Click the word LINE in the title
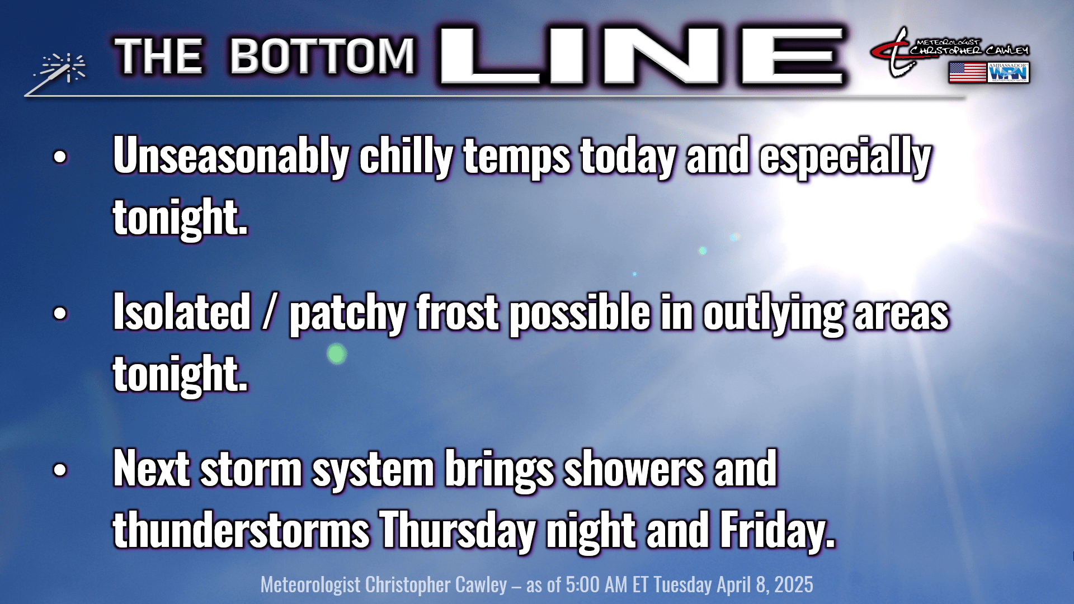click(x=642, y=56)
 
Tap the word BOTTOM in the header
click(x=322, y=56)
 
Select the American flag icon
click(x=967, y=73)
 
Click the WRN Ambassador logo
click(x=1009, y=73)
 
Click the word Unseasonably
click(x=231, y=157)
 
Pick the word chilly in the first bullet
click(x=406, y=157)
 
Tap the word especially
click(x=845, y=157)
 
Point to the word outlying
click(x=773, y=314)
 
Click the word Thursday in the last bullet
click(x=458, y=531)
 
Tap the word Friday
click(x=778, y=531)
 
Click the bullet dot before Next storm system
click(x=60, y=470)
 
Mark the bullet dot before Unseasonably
click(x=60, y=157)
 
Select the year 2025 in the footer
click(x=794, y=585)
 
